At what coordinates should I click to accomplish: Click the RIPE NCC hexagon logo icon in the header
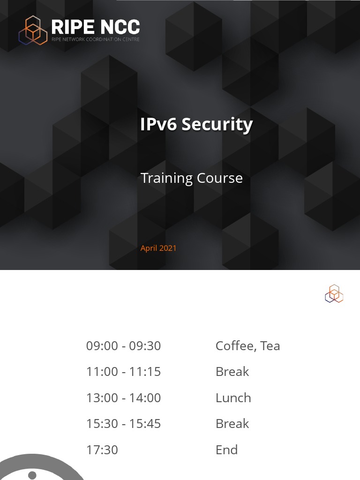[33, 30]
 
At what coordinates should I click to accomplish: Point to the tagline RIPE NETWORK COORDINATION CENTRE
[95, 39]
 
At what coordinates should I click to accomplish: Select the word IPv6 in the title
[158, 124]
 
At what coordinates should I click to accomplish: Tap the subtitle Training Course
[191, 178]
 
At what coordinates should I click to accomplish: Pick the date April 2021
[158, 248]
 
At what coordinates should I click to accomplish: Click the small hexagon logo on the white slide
[334, 293]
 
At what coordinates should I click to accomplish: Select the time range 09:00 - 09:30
[123, 346]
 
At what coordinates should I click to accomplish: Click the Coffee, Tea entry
[247, 346]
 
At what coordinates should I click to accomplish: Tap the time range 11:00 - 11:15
[123, 372]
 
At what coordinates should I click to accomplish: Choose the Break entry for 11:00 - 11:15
[232, 372]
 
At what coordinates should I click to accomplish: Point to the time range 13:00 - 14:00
[123, 398]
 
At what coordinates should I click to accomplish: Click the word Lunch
[233, 398]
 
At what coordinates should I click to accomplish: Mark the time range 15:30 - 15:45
[123, 424]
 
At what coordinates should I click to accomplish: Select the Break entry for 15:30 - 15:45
[232, 424]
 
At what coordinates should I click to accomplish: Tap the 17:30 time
[102, 450]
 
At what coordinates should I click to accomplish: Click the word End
[226, 450]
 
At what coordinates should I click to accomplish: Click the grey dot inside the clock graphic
[32, 475]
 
